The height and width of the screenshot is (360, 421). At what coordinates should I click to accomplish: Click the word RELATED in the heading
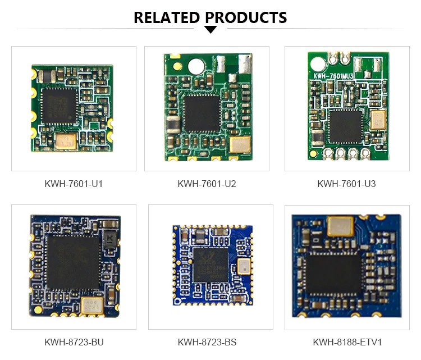(166, 17)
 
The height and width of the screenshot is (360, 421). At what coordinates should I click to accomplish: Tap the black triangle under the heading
(210, 29)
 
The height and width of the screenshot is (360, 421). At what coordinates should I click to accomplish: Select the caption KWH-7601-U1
(74, 184)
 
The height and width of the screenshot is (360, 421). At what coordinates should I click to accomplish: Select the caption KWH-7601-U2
(207, 184)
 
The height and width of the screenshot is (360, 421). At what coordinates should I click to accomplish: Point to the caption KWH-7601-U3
(346, 184)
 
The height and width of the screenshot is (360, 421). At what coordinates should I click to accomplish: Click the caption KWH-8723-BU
(74, 342)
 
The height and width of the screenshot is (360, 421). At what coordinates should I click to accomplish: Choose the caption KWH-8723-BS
(207, 342)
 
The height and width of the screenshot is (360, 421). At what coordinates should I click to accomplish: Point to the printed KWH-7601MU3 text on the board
(331, 75)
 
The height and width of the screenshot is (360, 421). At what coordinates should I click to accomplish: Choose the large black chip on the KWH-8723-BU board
(72, 259)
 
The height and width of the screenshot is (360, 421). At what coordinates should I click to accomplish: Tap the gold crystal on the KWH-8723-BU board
(91, 306)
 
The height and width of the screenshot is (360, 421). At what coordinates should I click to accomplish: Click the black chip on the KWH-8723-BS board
(211, 265)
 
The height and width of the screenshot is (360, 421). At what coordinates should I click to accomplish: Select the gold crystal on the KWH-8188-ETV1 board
(340, 227)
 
